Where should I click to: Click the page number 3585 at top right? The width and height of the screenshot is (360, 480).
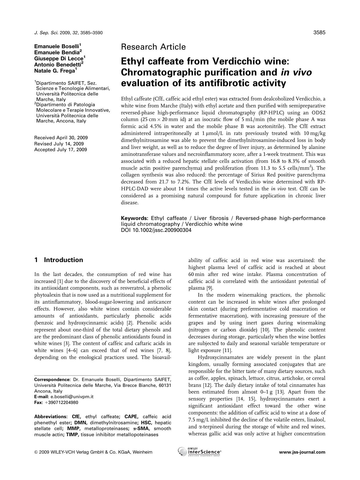[319, 33]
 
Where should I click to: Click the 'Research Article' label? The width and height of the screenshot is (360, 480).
[153, 47]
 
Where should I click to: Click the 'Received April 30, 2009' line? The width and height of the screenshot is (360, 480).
[61, 138]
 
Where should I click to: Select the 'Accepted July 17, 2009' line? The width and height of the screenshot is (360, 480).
[60, 150]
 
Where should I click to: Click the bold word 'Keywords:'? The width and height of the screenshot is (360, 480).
[135, 218]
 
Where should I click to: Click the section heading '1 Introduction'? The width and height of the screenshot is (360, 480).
[59, 260]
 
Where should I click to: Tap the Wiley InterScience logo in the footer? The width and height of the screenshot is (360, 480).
[199, 452]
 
